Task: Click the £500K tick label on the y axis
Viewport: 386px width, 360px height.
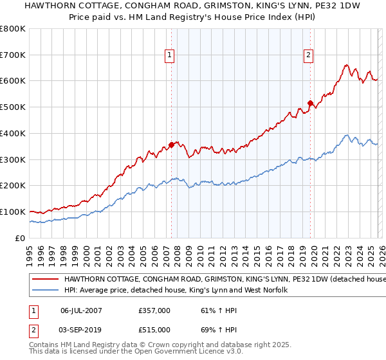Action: [12, 107]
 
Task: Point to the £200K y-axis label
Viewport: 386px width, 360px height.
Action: [12, 186]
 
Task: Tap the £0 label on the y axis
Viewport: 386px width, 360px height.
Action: [19, 238]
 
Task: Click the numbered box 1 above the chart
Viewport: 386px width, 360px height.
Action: [169, 56]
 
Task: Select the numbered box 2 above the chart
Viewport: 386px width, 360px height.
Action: [309, 56]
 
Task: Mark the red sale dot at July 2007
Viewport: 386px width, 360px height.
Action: [171, 145]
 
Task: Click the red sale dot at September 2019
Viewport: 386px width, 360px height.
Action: [310, 103]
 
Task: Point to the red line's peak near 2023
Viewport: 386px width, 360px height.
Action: [347, 65]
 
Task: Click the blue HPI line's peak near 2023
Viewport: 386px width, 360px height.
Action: [347, 135]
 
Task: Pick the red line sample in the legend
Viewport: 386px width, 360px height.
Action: [45, 280]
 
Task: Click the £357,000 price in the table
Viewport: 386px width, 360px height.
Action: [154, 311]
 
